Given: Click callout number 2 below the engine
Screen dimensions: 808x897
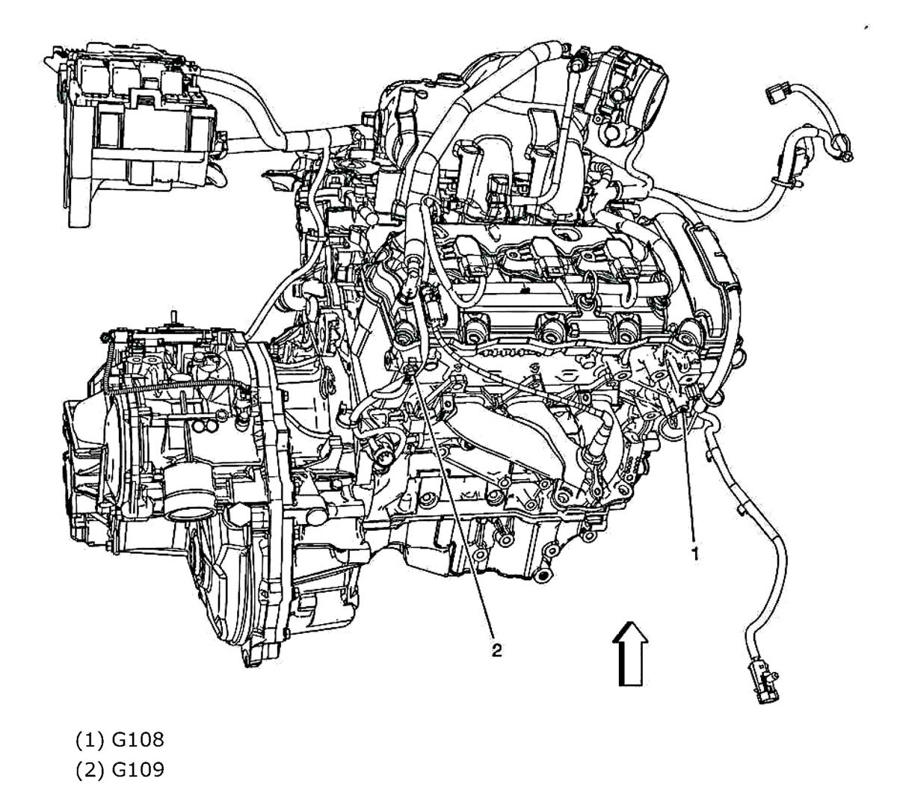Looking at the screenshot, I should tap(496, 650).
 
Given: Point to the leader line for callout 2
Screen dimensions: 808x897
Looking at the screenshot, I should tap(452, 508).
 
